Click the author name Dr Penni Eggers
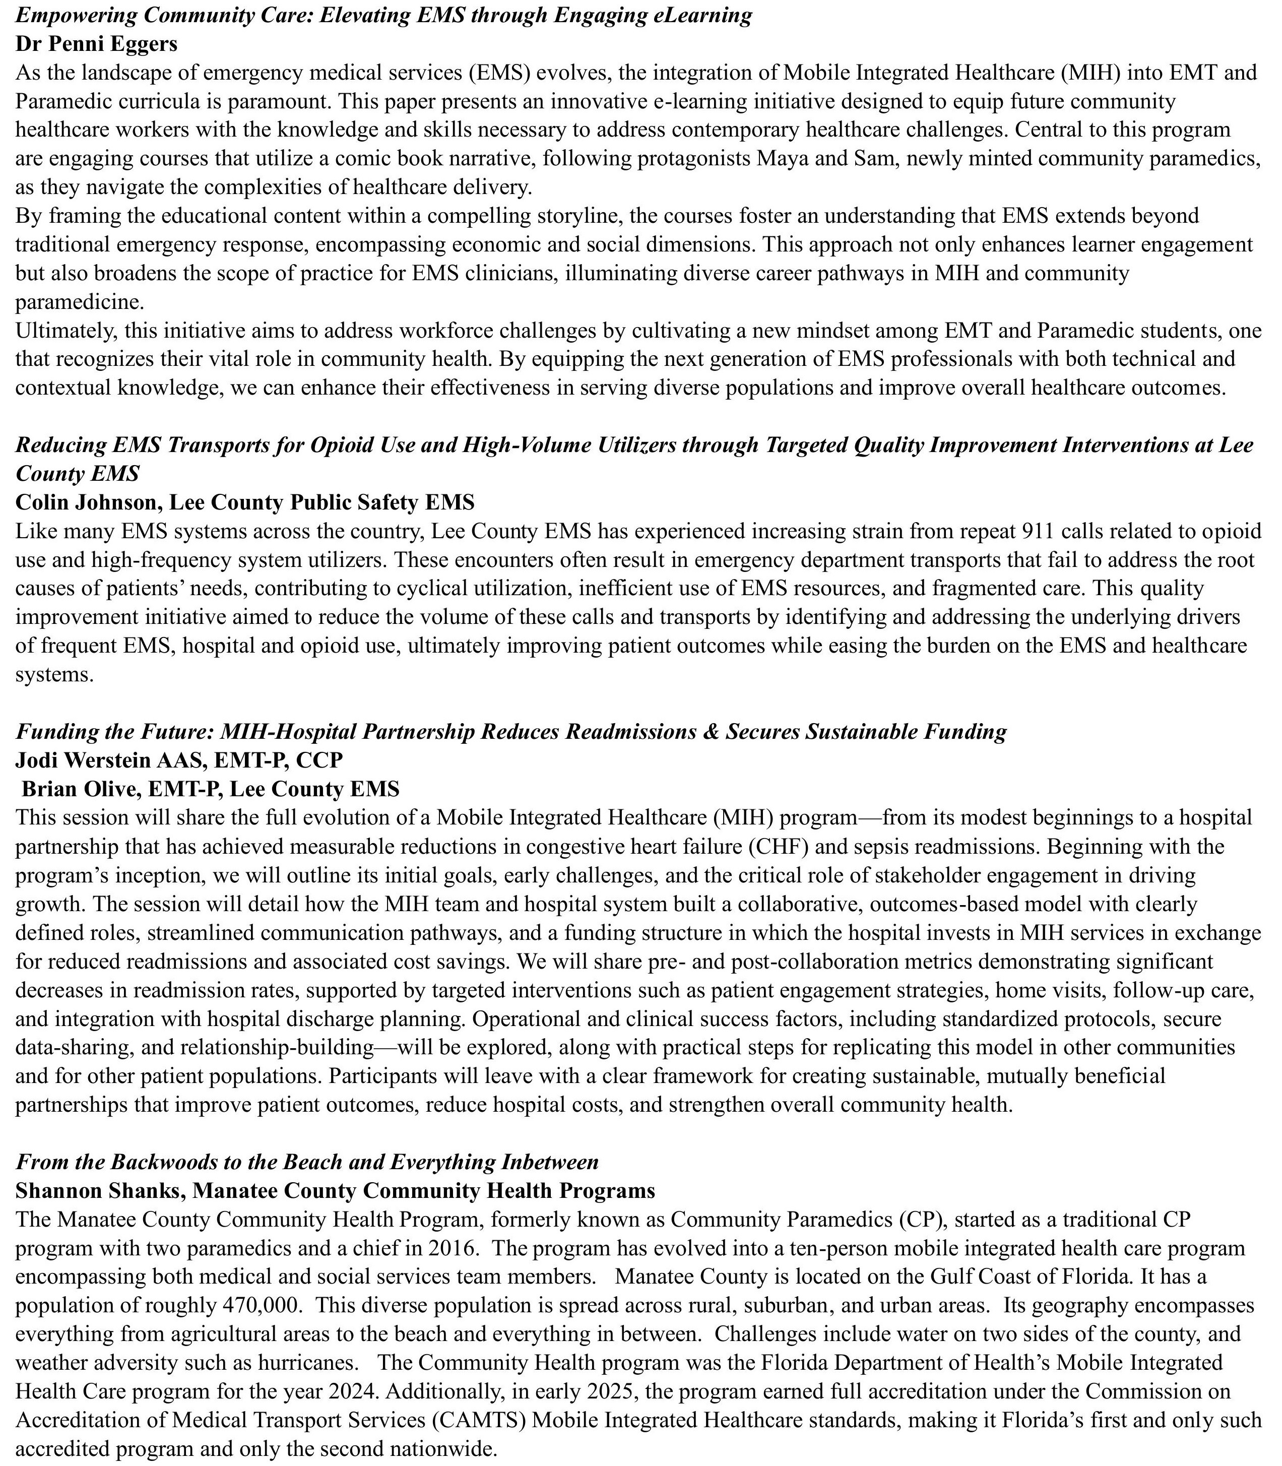pyautogui.click(x=96, y=44)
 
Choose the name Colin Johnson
pyautogui.click(x=89, y=502)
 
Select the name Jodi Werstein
pyautogui.click(x=89, y=760)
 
